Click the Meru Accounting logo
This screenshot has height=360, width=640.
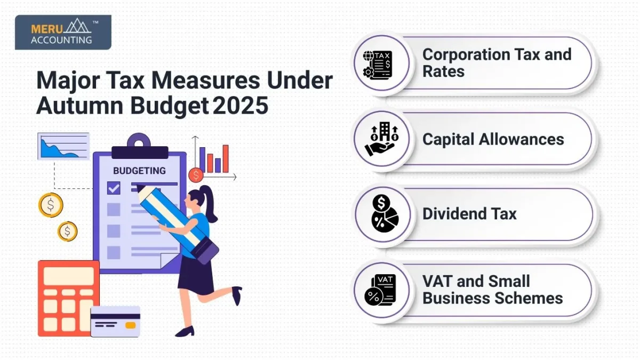[x=63, y=32]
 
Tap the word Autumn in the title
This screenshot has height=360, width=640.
[x=80, y=106]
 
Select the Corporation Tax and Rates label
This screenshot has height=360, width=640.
[x=497, y=62]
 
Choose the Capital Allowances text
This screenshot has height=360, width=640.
[x=493, y=139]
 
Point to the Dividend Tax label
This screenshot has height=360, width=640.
[x=469, y=214]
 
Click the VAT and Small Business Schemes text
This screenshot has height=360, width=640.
[x=492, y=289]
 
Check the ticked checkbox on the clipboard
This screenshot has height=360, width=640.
[x=114, y=188]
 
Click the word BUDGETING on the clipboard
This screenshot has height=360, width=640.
[x=139, y=171]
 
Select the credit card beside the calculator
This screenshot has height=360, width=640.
[x=115, y=321]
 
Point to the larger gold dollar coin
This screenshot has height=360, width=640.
[x=51, y=205]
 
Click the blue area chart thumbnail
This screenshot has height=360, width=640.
[x=63, y=146]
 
